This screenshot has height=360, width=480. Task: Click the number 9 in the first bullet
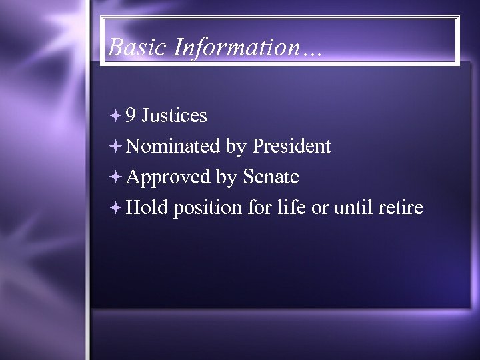(131, 116)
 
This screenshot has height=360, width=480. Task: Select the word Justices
(175, 116)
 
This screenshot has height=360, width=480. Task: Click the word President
(291, 146)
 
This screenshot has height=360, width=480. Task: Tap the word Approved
(168, 177)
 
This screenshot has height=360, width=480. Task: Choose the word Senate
(271, 177)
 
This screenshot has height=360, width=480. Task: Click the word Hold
(147, 207)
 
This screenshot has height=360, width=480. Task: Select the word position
(207, 209)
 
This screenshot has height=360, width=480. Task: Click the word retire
(400, 207)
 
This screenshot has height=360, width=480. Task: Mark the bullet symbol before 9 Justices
(115, 116)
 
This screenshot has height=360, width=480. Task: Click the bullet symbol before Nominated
(115, 147)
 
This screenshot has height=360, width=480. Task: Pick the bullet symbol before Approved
(115, 177)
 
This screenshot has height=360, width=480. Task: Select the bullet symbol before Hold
(115, 208)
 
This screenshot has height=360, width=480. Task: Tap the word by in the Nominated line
(235, 147)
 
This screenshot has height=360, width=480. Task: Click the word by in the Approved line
(226, 178)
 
